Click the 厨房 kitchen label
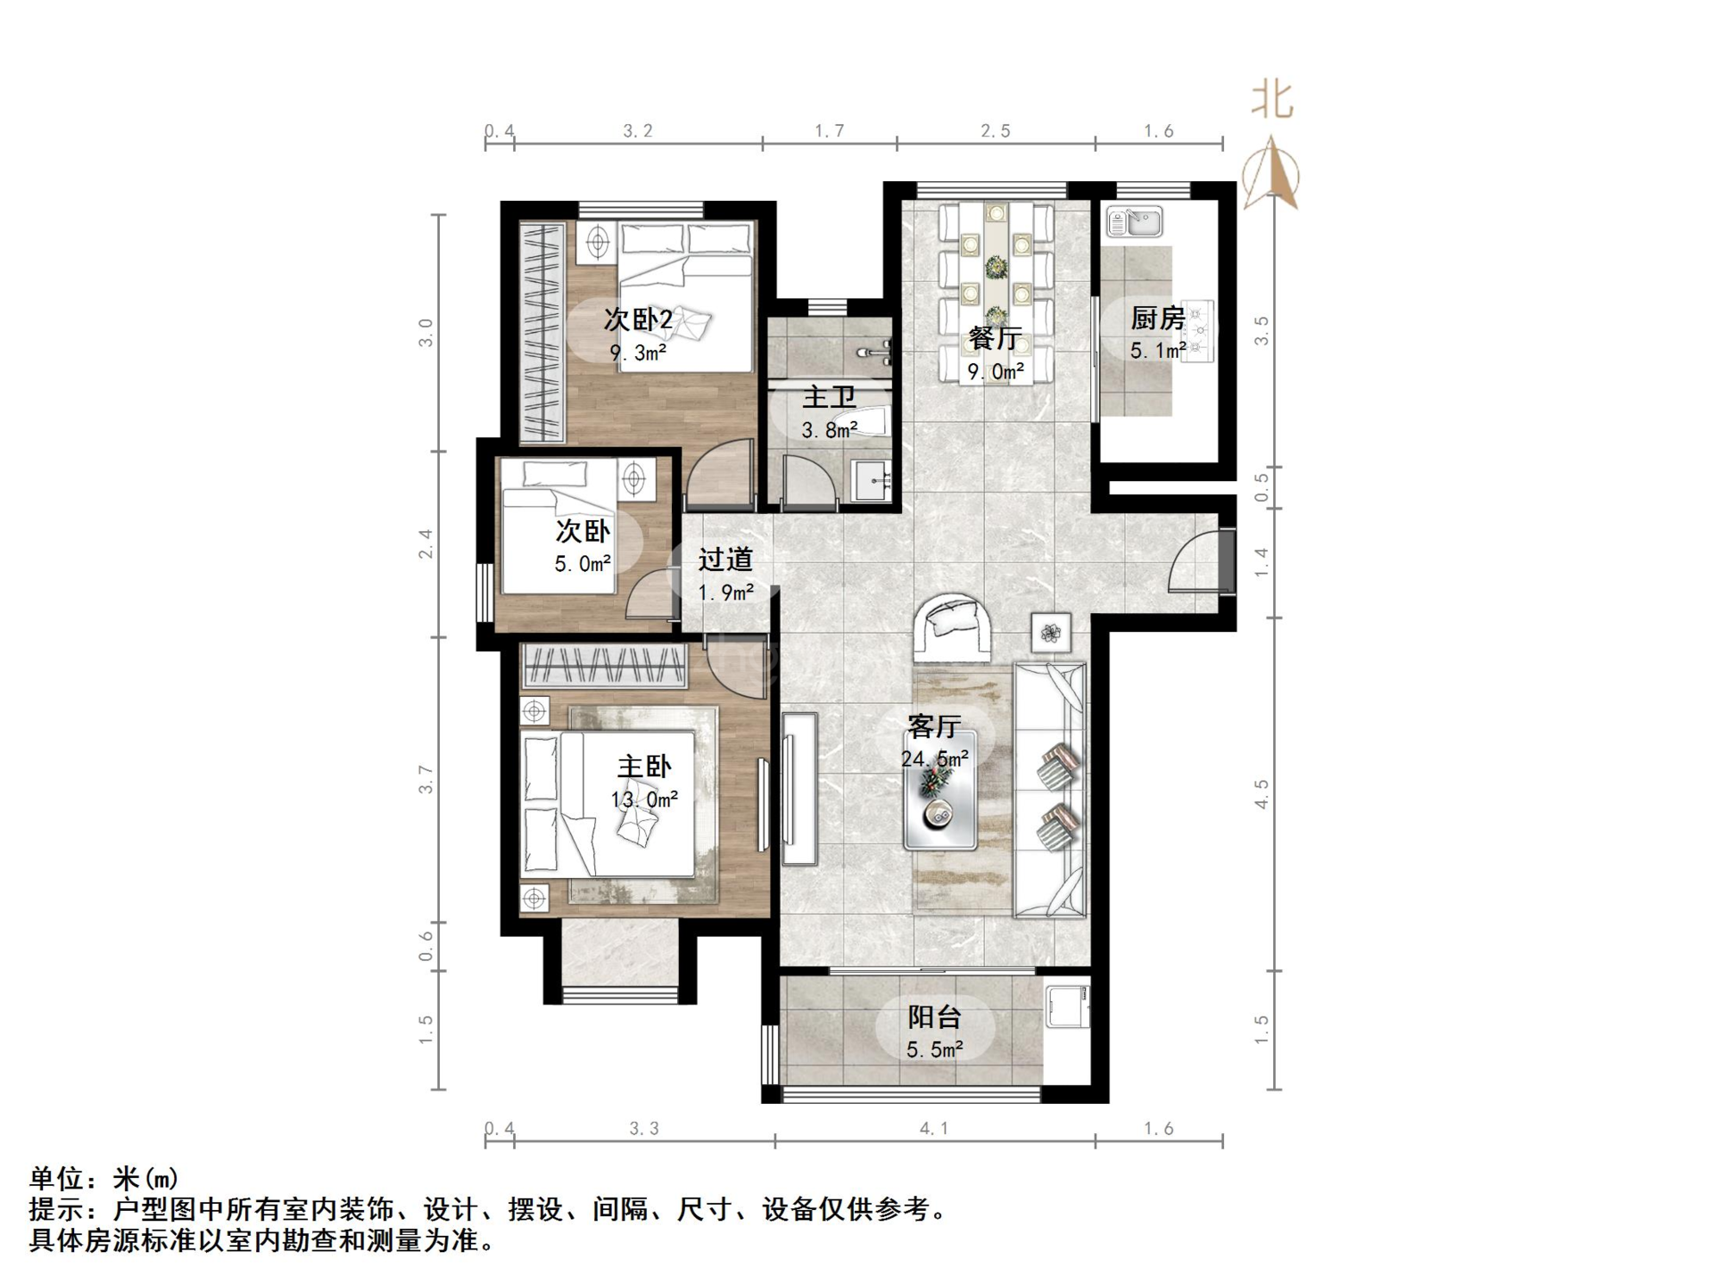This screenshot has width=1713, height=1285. click(1157, 318)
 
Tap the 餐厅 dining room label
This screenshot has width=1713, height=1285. click(995, 338)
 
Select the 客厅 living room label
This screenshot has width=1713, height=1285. click(933, 726)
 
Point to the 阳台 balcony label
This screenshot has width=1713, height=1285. click(934, 1016)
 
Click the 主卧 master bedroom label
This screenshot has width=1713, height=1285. click(644, 767)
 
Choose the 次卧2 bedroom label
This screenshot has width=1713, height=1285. click(638, 319)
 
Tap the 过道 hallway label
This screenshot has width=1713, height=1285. click(725, 560)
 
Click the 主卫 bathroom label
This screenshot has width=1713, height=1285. click(829, 397)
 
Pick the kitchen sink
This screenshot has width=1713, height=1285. click(1134, 221)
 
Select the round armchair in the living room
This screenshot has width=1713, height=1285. click(952, 627)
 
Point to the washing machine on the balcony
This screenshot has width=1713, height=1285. click(1068, 1006)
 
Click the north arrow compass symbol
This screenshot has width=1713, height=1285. click(1271, 173)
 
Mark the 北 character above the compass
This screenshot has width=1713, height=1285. click(1272, 99)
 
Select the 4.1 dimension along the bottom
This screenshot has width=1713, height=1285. click(934, 1129)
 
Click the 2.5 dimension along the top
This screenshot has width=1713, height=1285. click(996, 131)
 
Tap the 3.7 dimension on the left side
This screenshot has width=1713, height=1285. click(426, 779)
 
